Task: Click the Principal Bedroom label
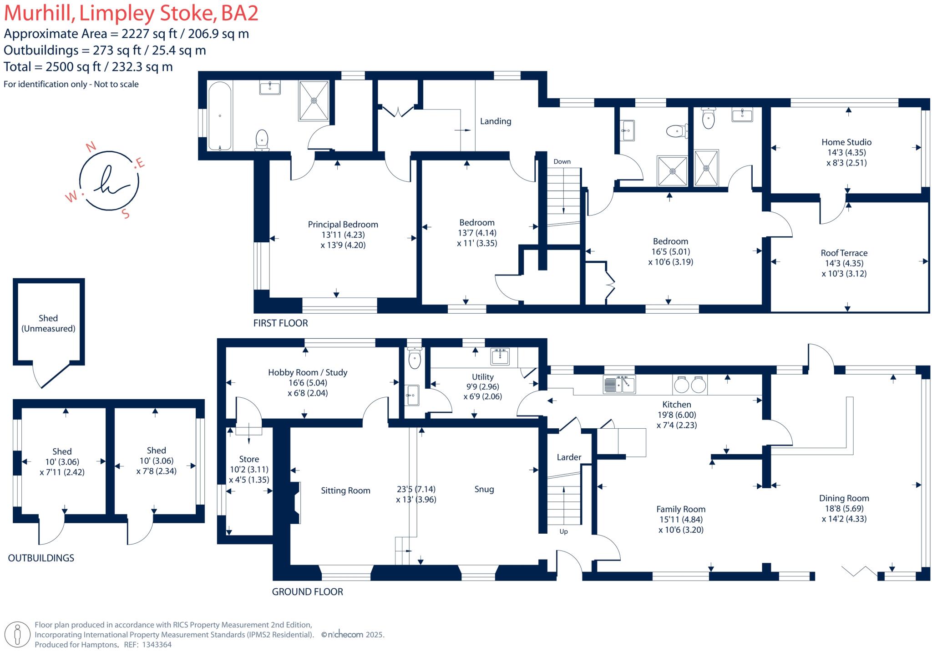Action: tap(343, 225)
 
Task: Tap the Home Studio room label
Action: tap(846, 142)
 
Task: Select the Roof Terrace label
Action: tap(844, 253)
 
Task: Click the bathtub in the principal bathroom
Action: tap(220, 116)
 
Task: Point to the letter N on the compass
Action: tap(91, 146)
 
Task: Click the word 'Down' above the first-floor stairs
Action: tap(562, 161)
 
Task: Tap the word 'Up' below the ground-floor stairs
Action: tap(563, 531)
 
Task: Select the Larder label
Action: tap(569, 457)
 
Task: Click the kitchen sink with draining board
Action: tap(619, 385)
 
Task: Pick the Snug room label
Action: tap(484, 489)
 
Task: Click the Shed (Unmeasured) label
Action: tap(48, 323)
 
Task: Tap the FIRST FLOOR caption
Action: tap(280, 323)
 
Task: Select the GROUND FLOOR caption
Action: tap(307, 592)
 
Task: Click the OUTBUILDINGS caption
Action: tap(41, 558)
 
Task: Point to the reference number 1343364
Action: tap(157, 645)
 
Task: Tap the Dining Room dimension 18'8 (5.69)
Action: tap(844, 509)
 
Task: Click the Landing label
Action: tap(495, 121)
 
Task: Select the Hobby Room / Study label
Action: tap(307, 372)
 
